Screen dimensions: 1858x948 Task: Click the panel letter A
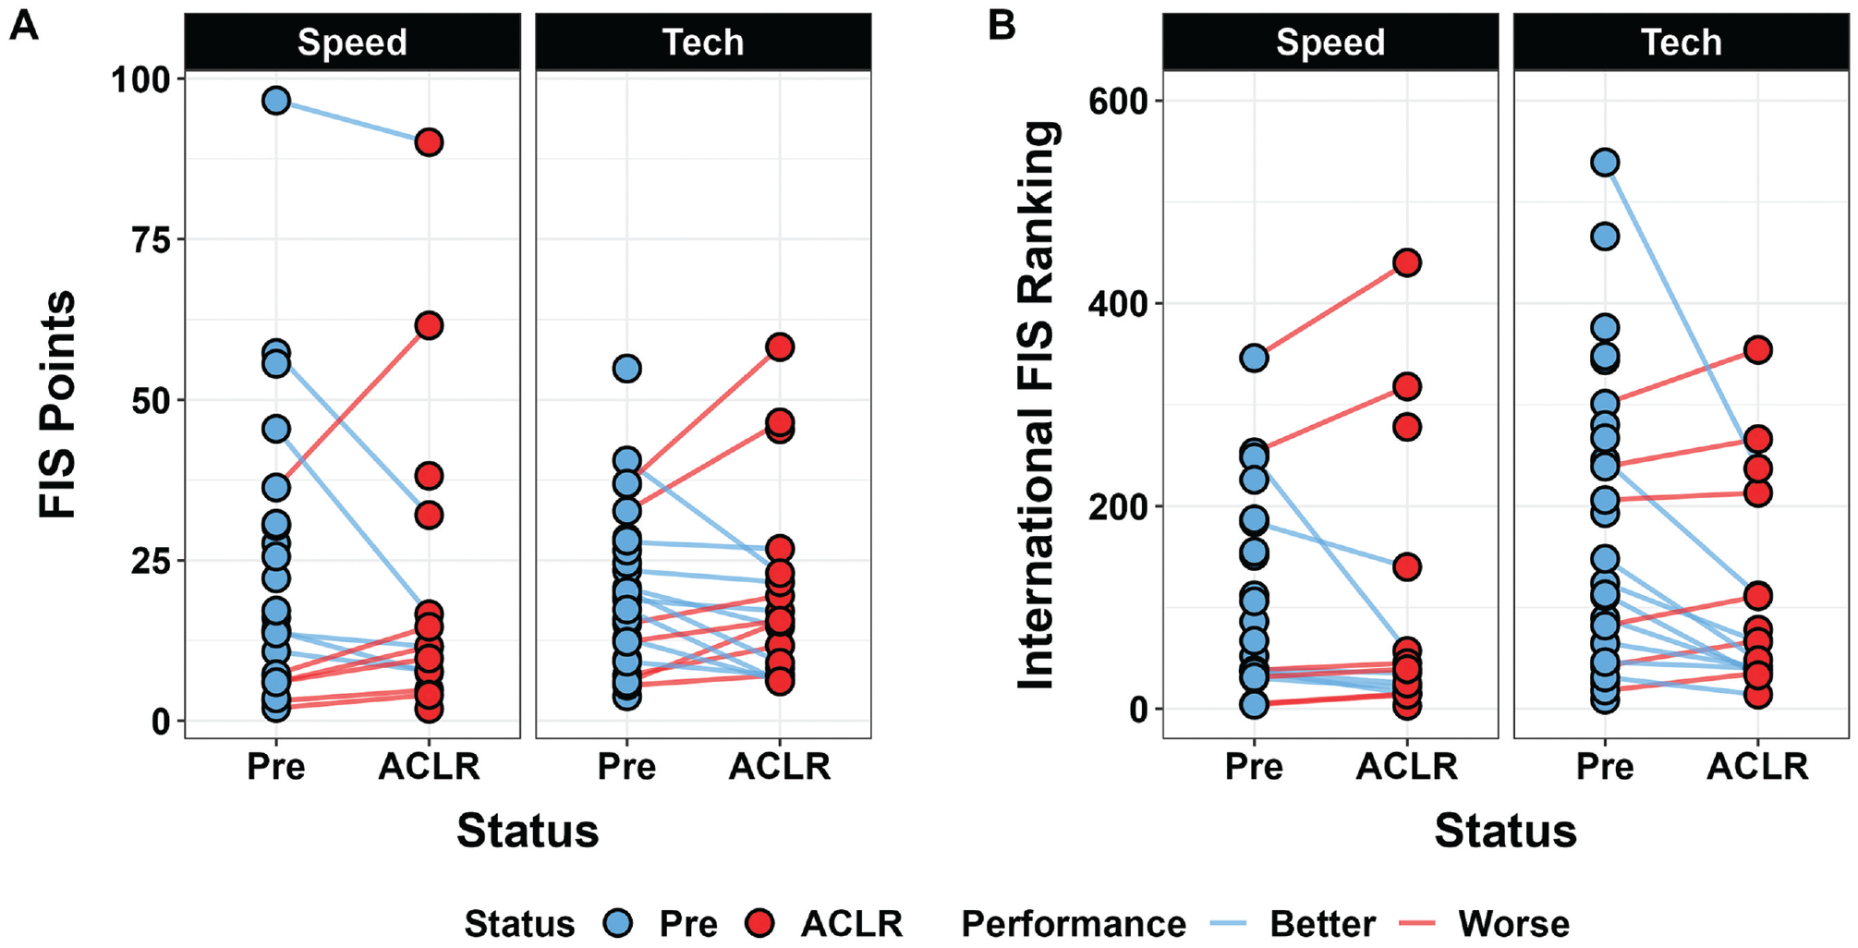[x=23, y=25]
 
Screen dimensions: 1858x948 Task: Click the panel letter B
[x=1002, y=25]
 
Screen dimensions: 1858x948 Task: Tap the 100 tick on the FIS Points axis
[x=141, y=79]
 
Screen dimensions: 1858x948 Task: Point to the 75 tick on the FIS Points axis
[x=152, y=240]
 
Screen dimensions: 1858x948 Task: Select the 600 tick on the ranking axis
[x=1119, y=101]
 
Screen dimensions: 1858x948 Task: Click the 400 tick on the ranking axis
[x=1119, y=304]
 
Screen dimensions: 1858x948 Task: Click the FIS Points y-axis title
[x=57, y=405]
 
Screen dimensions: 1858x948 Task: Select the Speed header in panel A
[x=352, y=43]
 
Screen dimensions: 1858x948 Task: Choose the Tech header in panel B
[x=1682, y=43]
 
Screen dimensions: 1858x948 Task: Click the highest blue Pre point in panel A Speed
[x=276, y=101]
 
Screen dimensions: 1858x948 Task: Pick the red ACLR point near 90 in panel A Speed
[x=428, y=142]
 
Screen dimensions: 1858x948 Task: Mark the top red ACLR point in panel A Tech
[x=780, y=347]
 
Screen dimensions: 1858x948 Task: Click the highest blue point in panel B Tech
[x=1605, y=163]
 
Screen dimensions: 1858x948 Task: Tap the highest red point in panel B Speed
[x=1406, y=262]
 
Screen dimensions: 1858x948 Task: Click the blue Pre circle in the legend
[x=617, y=922]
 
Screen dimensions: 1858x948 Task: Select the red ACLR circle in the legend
[x=759, y=922]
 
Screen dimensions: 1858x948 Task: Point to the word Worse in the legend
[x=1513, y=923]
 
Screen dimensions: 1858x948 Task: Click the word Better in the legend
[x=1322, y=923]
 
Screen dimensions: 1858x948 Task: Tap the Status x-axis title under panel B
[x=1505, y=830]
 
